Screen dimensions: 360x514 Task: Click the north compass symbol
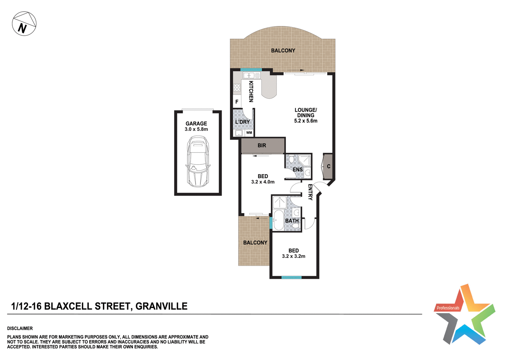pyautogui.click(x=24, y=24)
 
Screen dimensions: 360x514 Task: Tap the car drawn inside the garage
pyautogui.click(x=198, y=161)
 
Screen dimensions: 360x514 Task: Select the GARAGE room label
pyautogui.click(x=196, y=124)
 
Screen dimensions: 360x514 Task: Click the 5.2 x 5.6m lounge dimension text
pyautogui.click(x=306, y=121)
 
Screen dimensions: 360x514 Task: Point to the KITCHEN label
pyautogui.click(x=251, y=91)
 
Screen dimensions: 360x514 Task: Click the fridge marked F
pyautogui.click(x=237, y=102)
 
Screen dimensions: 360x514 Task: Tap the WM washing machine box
pyautogui.click(x=249, y=133)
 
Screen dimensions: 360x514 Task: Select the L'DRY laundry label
pyautogui.click(x=242, y=122)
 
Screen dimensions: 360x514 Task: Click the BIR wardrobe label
pyautogui.click(x=262, y=146)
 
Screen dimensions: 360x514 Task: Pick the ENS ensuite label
pyautogui.click(x=297, y=170)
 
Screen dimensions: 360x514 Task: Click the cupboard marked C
pyautogui.click(x=328, y=166)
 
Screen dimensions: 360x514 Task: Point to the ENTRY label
pyautogui.click(x=310, y=192)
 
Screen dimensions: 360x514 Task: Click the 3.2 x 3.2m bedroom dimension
pyautogui.click(x=294, y=256)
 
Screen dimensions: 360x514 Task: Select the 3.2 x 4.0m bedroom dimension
pyautogui.click(x=263, y=182)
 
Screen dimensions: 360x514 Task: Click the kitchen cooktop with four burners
pyautogui.click(x=237, y=88)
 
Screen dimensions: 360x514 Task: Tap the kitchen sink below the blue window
pyautogui.click(x=249, y=75)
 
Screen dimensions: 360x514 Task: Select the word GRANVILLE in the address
pyautogui.click(x=161, y=306)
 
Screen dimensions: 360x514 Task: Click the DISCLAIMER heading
pyautogui.click(x=20, y=328)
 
